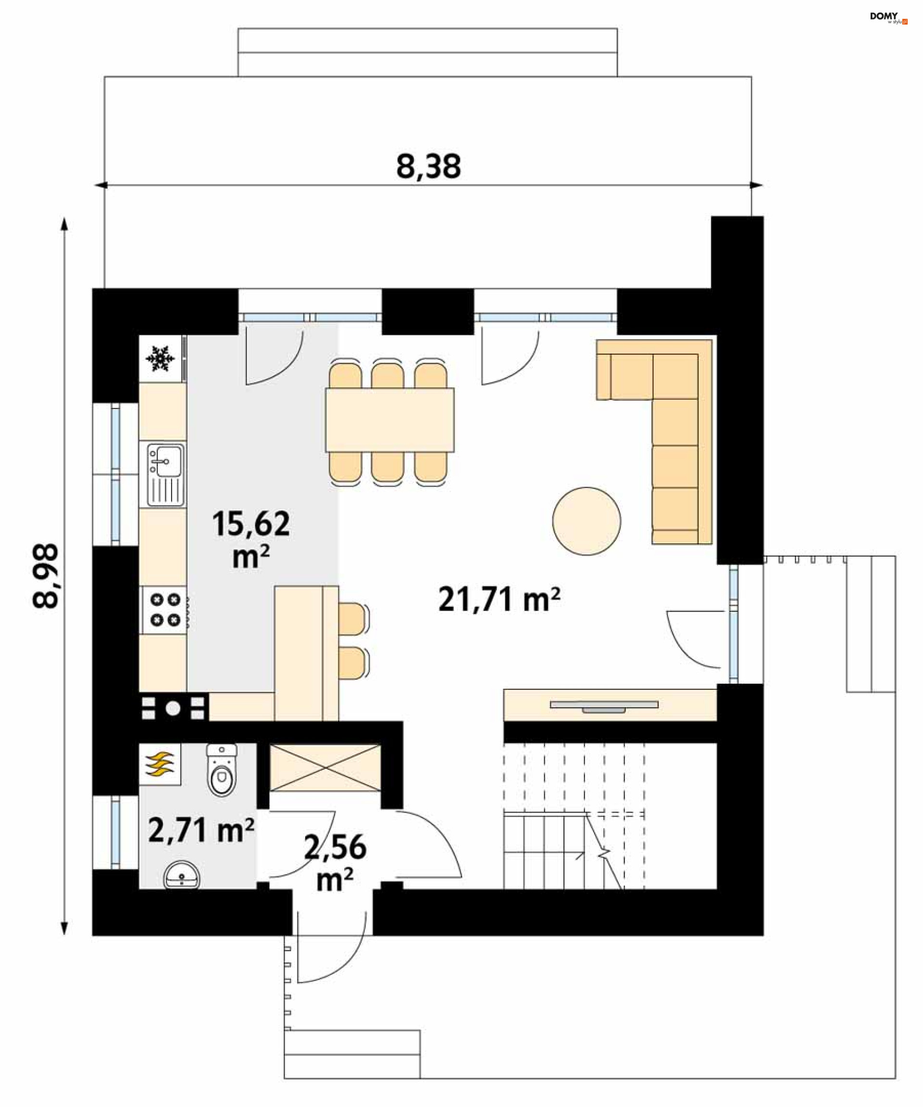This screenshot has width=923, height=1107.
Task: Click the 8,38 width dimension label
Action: [428, 166]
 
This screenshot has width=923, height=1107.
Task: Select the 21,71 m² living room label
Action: [499, 600]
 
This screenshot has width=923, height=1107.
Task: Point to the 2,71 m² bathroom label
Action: [201, 830]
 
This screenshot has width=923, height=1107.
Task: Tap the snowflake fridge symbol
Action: [160, 358]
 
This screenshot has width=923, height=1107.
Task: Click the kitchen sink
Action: [166, 475]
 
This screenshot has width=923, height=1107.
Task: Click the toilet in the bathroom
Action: [222, 770]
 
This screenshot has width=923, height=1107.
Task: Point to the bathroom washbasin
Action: [182, 877]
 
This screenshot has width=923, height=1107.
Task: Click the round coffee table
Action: [586, 521]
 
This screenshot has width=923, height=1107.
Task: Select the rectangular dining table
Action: [389, 420]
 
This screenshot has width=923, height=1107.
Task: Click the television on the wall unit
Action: [604, 706]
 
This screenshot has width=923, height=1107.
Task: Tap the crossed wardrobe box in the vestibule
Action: [325, 767]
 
